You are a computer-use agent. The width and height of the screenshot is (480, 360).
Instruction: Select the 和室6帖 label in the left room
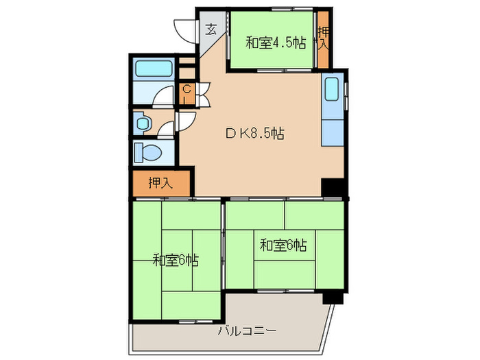[176, 260]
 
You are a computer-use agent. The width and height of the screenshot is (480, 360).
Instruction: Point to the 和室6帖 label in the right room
[283, 244]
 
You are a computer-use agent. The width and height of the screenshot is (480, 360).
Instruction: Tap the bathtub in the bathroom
[154, 69]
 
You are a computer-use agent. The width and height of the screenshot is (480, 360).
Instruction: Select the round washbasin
[143, 124]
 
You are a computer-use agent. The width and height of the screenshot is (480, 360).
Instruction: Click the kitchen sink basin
[331, 90]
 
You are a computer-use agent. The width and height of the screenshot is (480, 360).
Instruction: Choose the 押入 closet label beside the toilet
[160, 182]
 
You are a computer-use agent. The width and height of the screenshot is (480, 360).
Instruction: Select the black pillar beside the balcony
[332, 296]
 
